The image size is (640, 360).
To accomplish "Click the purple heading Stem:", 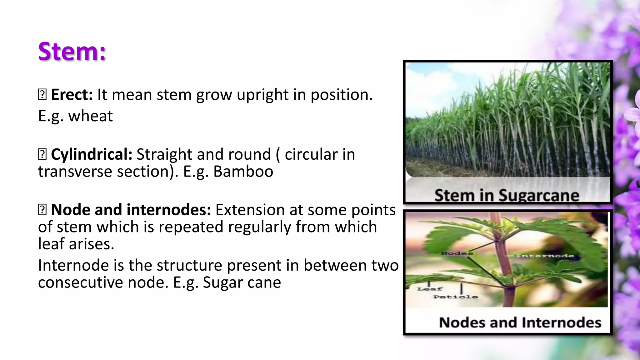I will coord(72,51).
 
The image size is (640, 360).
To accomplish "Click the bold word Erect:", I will coord(72,95).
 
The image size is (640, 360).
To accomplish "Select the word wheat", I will coord(90,116).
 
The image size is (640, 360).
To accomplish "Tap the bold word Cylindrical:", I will coord(91,154).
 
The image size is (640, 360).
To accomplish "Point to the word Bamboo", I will coord(243,172).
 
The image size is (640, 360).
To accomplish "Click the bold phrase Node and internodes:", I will coord(131,210).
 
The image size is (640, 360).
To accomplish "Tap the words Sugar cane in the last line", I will coord(242,282).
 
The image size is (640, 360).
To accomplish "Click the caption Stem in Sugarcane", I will coord(507,195).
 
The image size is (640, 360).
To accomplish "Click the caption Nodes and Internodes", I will coord(520,322).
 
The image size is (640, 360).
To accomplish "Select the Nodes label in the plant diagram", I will coord(457,253).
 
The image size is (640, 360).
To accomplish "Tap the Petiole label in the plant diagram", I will coord(455,297).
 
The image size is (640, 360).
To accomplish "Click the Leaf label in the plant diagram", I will coord(429,289).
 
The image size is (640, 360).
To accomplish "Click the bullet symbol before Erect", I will coord(42,95).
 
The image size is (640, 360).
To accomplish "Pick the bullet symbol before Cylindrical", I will coord(42,154).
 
